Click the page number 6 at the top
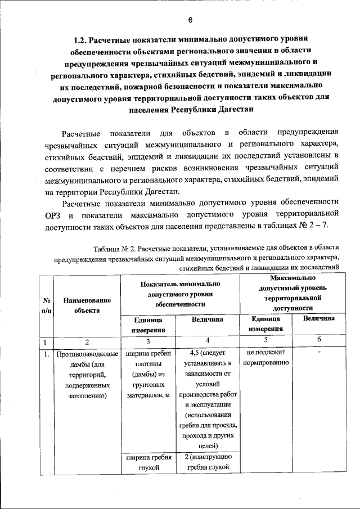point(190,21)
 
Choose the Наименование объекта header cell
point(86,305)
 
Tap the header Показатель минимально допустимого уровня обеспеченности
point(179,294)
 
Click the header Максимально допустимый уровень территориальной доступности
point(292,293)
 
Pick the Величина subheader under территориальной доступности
point(318,319)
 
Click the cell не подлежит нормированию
point(265,357)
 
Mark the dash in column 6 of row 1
point(318,353)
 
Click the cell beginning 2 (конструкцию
point(208,462)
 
